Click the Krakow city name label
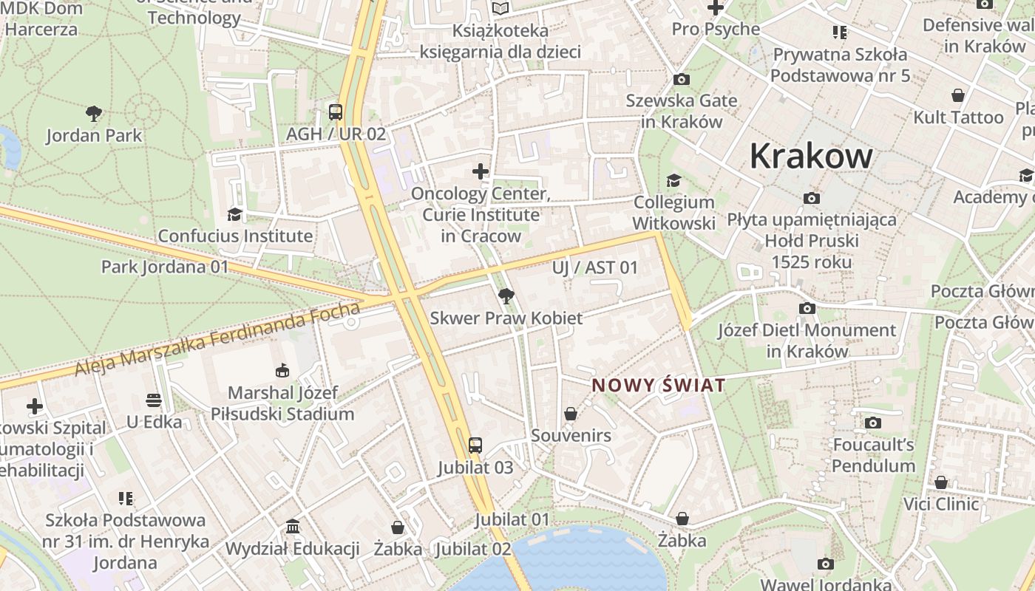[x=811, y=156]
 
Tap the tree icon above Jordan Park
[x=93, y=114]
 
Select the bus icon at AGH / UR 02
[x=336, y=112]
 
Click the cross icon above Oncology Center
[x=481, y=172]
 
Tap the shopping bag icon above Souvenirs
[x=571, y=414]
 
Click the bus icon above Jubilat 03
[x=475, y=445]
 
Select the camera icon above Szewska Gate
[x=681, y=79]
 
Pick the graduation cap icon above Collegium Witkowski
[x=673, y=180]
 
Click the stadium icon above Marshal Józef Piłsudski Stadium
[x=282, y=370]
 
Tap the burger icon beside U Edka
[x=154, y=400]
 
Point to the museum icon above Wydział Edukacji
[x=293, y=527]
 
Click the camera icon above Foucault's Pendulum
[x=873, y=423]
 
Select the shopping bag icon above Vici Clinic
[x=940, y=482]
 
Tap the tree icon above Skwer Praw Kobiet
[x=506, y=296]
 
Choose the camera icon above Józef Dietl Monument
[x=807, y=308]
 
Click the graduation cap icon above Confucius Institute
[x=234, y=214]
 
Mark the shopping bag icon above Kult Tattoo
[x=958, y=95]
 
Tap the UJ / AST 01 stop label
[x=594, y=267]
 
